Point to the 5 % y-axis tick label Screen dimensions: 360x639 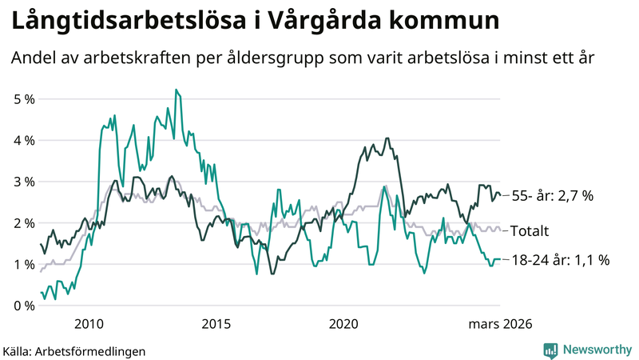click(24, 99)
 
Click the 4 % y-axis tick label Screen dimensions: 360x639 click(24, 140)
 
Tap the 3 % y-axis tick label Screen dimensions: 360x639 click(24, 182)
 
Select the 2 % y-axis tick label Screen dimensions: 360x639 click(24, 223)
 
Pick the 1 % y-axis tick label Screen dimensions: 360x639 click(24, 265)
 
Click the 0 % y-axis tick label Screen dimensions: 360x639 click(24, 306)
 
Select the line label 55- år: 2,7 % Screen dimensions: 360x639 click(552, 195)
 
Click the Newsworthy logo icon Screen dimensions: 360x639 click(550, 350)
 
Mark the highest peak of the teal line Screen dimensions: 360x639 click(176, 90)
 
